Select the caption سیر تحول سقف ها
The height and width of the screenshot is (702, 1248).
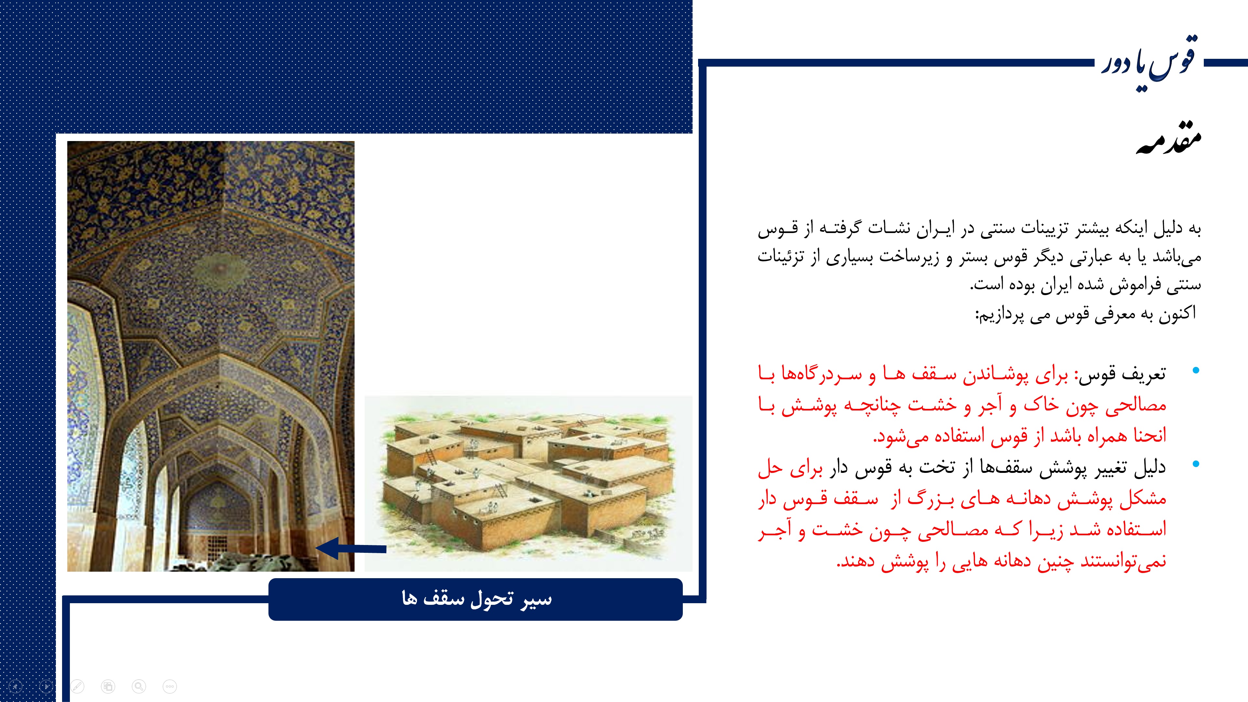tap(476, 599)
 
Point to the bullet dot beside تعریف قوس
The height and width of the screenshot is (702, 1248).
tap(1195, 370)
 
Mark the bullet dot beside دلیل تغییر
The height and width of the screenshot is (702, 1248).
tap(1195, 464)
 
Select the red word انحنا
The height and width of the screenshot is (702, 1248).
tap(1149, 435)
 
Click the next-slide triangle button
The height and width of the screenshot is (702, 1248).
tap(46, 686)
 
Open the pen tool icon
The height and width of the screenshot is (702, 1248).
tap(77, 686)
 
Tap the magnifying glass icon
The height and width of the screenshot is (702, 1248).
tap(138, 686)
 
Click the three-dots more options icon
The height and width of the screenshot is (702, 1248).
tap(170, 686)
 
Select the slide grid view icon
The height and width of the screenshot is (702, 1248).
tap(108, 686)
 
